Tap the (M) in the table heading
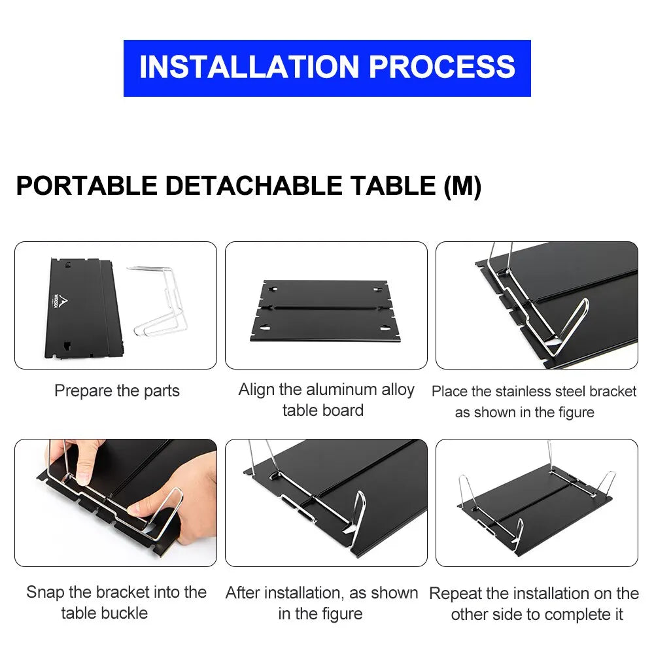462,186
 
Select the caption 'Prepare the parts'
116,391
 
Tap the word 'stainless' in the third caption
524,392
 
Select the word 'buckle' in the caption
124,613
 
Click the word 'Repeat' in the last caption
455,594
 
